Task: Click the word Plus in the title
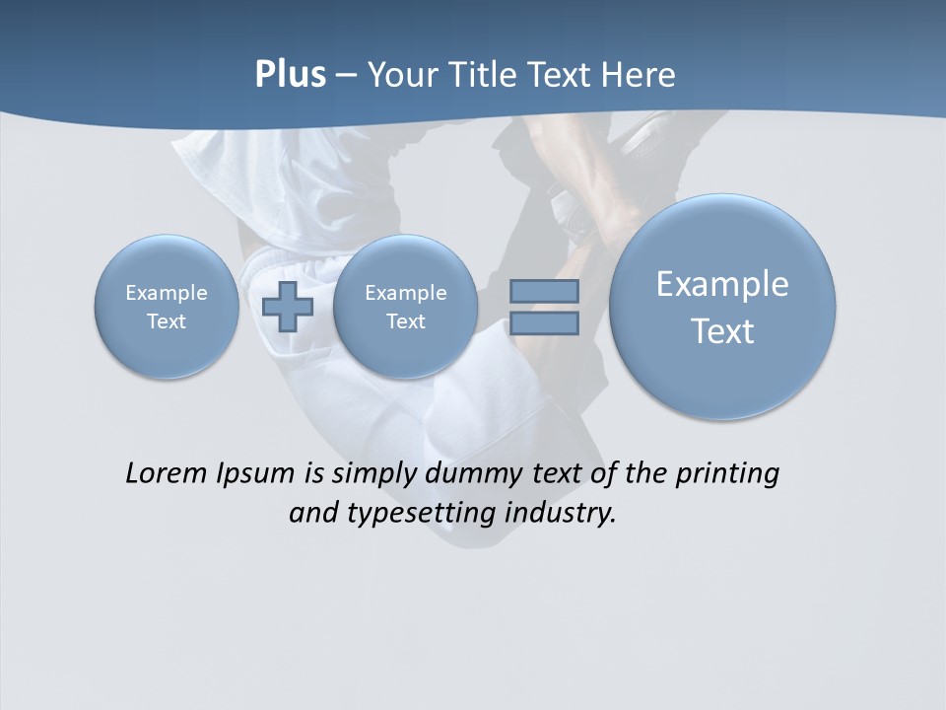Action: tap(290, 75)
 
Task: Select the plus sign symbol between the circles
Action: tap(288, 306)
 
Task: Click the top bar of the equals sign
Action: tap(544, 291)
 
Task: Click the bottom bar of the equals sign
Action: tap(544, 322)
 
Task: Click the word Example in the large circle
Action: tap(722, 284)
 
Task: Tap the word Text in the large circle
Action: tap(722, 331)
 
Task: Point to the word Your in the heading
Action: tap(400, 75)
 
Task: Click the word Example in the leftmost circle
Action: tap(167, 293)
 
